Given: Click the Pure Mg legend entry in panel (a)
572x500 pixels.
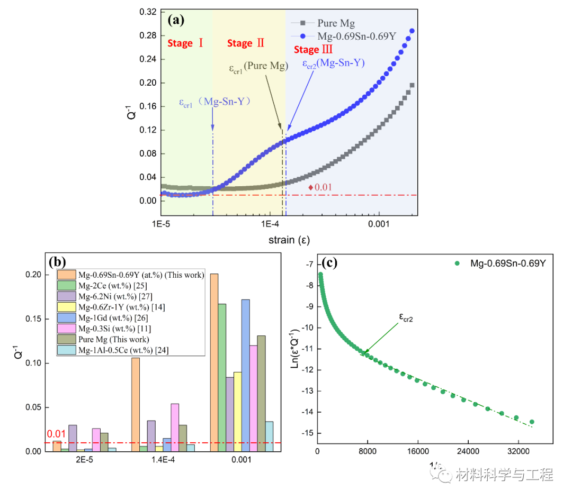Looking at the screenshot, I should click(x=335, y=23).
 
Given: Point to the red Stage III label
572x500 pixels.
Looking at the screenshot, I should click(x=313, y=50).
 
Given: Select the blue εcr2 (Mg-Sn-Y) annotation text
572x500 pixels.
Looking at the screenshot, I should click(x=333, y=63).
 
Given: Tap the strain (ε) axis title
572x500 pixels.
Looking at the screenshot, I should click(x=288, y=240).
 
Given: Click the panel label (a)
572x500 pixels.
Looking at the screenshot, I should click(x=176, y=21).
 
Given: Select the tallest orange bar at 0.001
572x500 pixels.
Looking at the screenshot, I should click(x=214, y=362).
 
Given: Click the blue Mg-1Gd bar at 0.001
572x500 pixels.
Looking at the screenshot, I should click(x=245, y=375).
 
